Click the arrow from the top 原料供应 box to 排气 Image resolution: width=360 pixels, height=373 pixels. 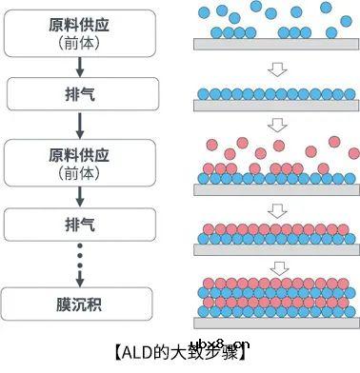pos(80,66)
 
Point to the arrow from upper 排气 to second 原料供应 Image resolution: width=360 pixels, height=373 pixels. pos(80,124)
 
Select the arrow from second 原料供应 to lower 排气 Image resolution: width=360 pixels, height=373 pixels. pos(80,196)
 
